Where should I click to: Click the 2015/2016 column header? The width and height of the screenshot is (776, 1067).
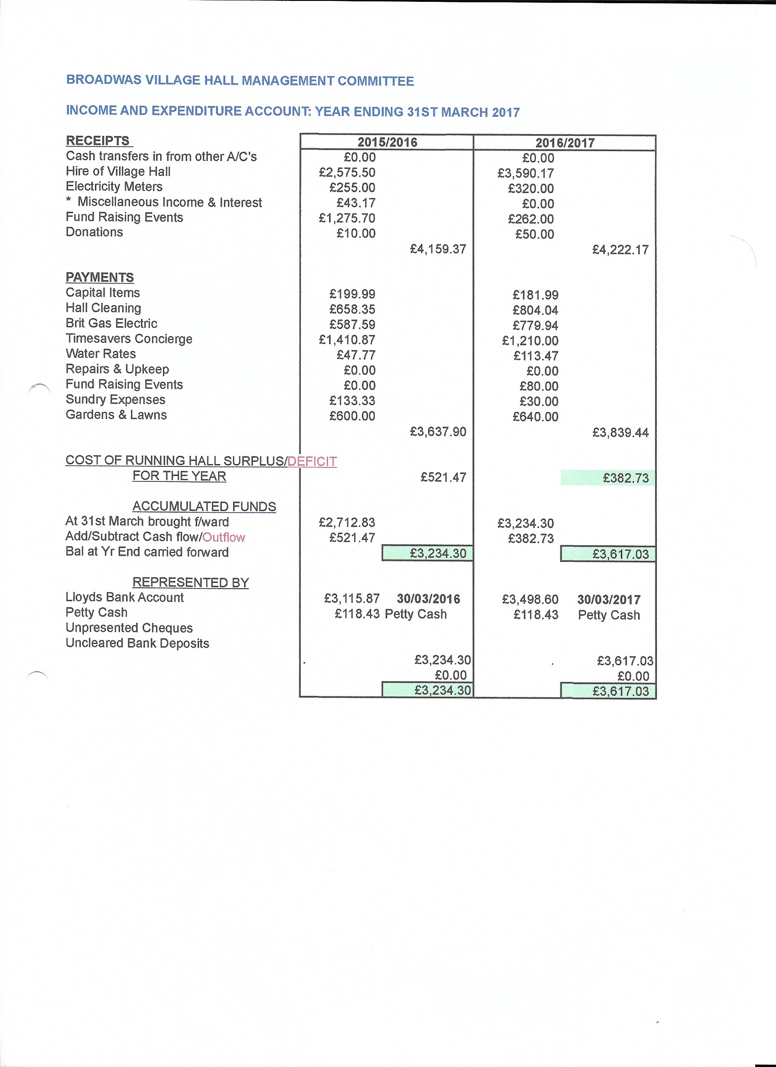(x=387, y=142)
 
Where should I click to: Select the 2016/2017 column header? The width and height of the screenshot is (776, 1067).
(x=565, y=142)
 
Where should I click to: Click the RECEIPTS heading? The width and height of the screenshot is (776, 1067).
(x=98, y=141)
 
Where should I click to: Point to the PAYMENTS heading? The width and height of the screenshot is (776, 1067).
(x=100, y=277)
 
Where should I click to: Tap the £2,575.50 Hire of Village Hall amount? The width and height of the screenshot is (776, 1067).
(x=347, y=172)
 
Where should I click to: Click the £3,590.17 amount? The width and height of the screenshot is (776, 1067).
(x=525, y=173)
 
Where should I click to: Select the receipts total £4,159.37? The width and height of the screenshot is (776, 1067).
(x=438, y=249)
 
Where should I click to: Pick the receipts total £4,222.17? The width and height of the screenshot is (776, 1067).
(x=620, y=250)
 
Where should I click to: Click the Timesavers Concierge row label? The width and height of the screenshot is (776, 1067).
(x=129, y=339)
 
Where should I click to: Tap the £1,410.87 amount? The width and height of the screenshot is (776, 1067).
(x=347, y=340)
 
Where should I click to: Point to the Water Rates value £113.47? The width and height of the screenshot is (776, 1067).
(x=535, y=356)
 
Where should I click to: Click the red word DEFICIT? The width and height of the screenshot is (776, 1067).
(x=312, y=461)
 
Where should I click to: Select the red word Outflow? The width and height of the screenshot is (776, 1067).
(x=224, y=537)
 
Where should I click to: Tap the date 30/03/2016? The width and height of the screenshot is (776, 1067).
(x=428, y=598)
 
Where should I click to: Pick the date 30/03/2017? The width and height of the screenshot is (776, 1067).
(x=608, y=599)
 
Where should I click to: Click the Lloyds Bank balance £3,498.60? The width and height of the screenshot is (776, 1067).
(x=530, y=599)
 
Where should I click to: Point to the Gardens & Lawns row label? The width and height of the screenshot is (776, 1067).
(x=116, y=415)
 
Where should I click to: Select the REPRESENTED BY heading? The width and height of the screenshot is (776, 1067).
(x=191, y=582)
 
